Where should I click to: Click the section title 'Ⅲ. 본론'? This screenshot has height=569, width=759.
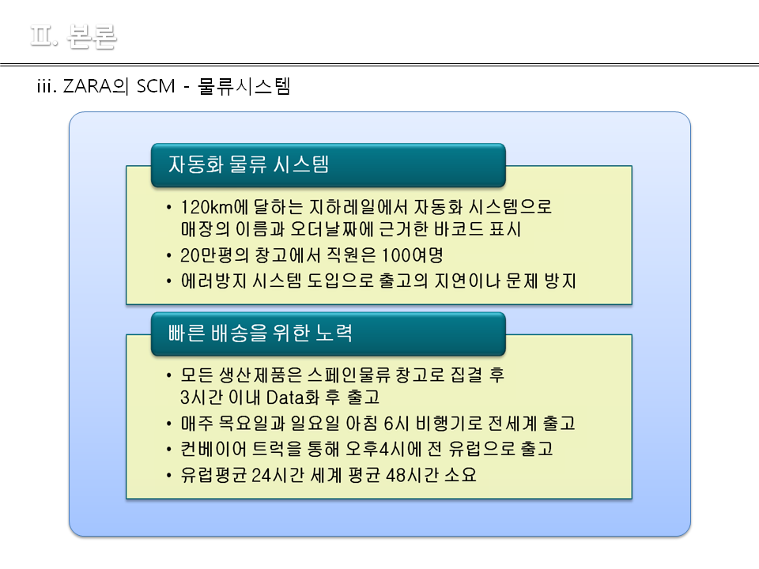[x=74, y=36]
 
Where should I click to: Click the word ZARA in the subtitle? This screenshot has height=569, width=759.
[x=88, y=86]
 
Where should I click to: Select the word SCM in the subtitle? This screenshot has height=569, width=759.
[x=156, y=86]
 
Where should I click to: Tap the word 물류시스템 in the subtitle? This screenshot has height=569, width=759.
[x=244, y=86]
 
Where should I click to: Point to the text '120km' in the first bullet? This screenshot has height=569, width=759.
[x=206, y=207]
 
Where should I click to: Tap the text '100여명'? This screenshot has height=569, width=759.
[x=413, y=255]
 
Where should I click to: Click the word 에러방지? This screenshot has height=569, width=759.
[x=214, y=281]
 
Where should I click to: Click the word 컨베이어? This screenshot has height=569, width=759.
[x=213, y=449]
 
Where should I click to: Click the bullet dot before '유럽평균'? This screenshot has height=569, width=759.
[x=168, y=475]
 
